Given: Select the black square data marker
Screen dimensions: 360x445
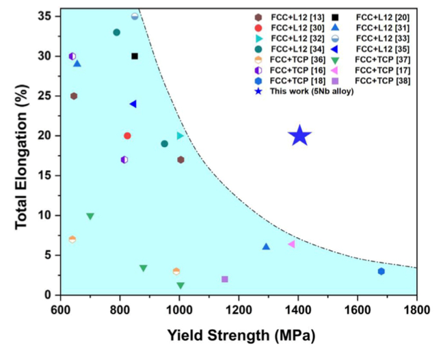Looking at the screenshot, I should pyautogui.click(x=135, y=56).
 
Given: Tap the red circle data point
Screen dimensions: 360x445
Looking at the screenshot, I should pyautogui.click(x=127, y=136).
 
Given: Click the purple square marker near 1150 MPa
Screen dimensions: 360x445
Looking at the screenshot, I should pyautogui.click(x=225, y=279).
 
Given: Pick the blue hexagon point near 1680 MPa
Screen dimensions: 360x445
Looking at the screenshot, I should pyautogui.click(x=381, y=271).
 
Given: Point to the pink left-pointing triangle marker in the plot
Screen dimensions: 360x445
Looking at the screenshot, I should pyautogui.click(x=291, y=244).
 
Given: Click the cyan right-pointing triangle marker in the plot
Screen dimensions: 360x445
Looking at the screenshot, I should pyautogui.click(x=180, y=135).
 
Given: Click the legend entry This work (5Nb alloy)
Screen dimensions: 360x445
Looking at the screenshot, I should pyautogui.click(x=311, y=92).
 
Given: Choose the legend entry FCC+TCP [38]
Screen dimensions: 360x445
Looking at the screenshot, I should pyautogui.click(x=382, y=81).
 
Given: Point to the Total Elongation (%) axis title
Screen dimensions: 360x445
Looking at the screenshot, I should pyautogui.click(x=21, y=154).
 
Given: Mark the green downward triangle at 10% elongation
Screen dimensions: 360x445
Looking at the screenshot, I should pyautogui.click(x=90, y=217).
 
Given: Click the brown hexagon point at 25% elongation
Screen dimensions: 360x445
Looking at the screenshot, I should pyautogui.click(x=74, y=96).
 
